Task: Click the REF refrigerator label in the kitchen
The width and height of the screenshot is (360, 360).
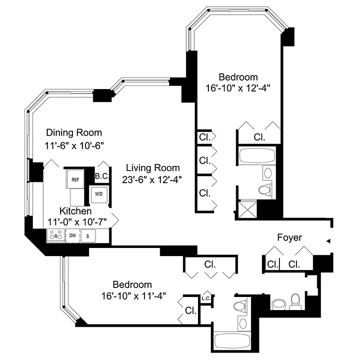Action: (x=75, y=180)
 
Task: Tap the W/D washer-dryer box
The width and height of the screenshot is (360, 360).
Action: (x=98, y=194)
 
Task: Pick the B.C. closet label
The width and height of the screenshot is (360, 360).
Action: (x=102, y=177)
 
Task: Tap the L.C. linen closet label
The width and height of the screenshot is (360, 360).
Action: (x=207, y=298)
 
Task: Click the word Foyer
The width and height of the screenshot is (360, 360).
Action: (x=289, y=237)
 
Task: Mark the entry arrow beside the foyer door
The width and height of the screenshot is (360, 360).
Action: (x=328, y=242)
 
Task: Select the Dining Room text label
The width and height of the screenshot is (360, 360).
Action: (x=74, y=133)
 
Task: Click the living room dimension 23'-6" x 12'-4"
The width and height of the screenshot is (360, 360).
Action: (x=153, y=180)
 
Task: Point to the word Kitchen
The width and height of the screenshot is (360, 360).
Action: (x=76, y=211)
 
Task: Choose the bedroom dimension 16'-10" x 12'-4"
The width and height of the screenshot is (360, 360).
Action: (x=238, y=87)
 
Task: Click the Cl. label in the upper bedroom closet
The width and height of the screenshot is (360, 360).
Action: (x=259, y=137)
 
